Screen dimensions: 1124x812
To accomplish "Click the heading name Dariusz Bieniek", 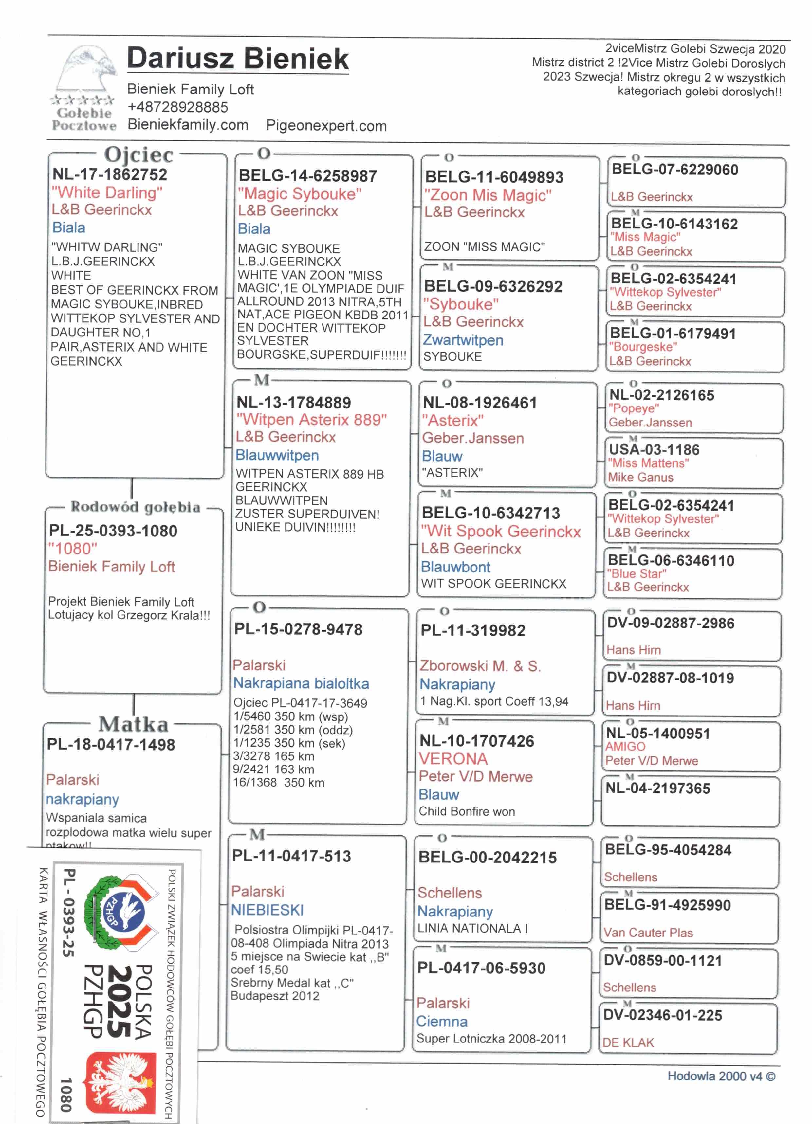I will point(238,59).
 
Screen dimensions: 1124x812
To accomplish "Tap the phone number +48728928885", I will point(177,107).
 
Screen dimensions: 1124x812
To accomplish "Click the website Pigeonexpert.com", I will point(326,126).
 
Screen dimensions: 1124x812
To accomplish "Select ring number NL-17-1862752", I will point(110,174).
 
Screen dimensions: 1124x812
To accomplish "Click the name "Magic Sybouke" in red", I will point(299,194).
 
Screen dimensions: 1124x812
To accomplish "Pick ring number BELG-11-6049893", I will point(494,177).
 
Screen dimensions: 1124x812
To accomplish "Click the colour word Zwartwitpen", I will point(463,340).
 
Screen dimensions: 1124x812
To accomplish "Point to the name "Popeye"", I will point(634,408).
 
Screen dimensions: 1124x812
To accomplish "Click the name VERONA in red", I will point(453,759).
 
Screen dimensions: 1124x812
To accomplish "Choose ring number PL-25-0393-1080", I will point(113,531).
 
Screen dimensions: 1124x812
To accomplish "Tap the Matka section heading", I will point(133,724).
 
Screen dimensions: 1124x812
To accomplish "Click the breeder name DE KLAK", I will point(628,1043).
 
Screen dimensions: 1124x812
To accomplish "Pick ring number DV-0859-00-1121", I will point(663,960).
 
